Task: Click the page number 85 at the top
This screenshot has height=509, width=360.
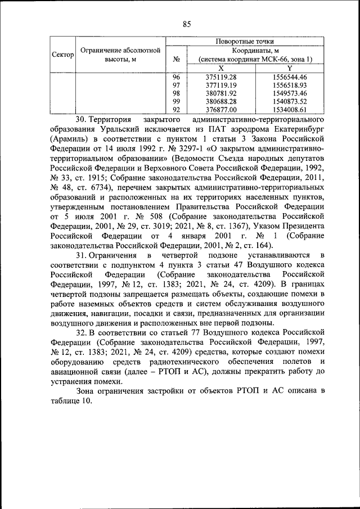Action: click(187, 24)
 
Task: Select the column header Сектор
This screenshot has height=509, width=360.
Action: click(63, 55)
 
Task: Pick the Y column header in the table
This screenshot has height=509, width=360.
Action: click(289, 67)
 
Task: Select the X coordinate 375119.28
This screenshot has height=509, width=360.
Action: click(220, 76)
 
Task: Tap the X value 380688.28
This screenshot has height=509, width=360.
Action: click(220, 101)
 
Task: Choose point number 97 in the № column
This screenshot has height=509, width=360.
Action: click(176, 85)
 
